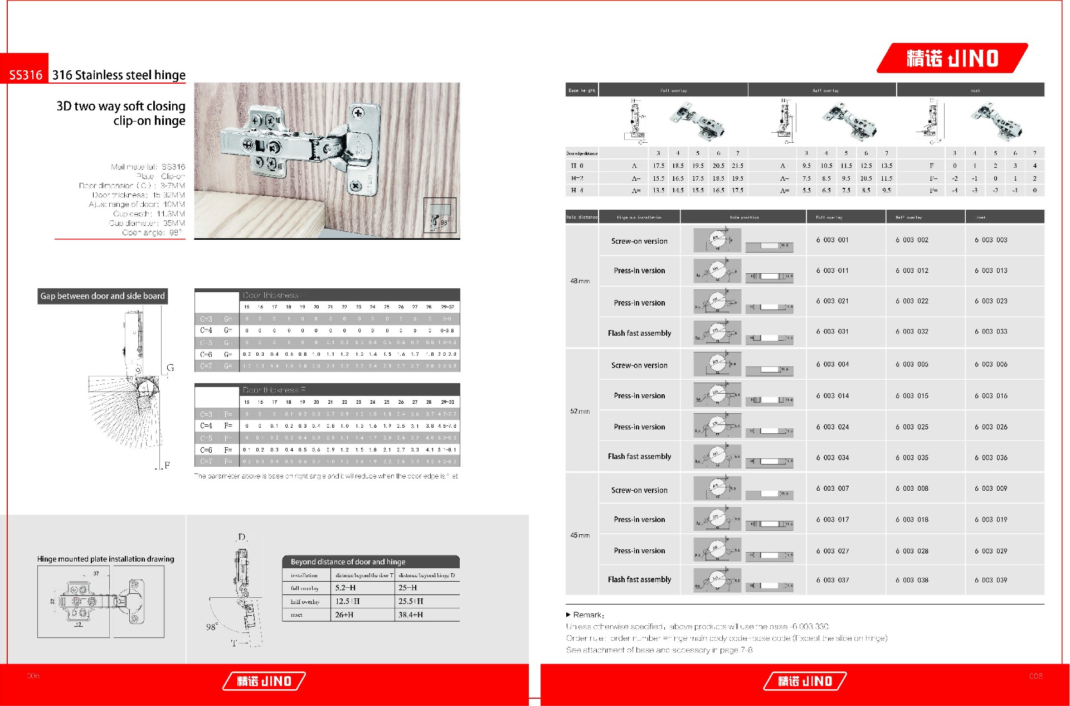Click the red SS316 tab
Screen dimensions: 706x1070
25,75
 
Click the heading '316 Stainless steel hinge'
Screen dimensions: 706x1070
119,75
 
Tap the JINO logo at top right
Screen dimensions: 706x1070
952,58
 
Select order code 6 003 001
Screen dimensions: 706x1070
832,240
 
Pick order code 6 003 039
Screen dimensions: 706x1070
990,580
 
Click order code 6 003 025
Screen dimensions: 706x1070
912,427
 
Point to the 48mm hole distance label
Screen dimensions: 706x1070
580,281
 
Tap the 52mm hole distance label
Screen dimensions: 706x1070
580,412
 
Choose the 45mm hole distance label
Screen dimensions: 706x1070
580,535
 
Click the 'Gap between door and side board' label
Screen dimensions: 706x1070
103,296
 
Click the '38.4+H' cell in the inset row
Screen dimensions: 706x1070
411,615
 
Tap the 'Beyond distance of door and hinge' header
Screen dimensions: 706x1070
348,562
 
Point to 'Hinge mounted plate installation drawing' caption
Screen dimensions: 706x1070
105,559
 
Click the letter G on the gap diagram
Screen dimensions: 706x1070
171,367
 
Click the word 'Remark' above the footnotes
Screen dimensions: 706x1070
587,615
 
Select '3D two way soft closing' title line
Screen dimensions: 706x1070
120,106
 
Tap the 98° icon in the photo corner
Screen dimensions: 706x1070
440,215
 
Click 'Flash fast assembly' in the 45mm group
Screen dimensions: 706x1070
639,579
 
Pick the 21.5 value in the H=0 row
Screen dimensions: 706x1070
737,166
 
